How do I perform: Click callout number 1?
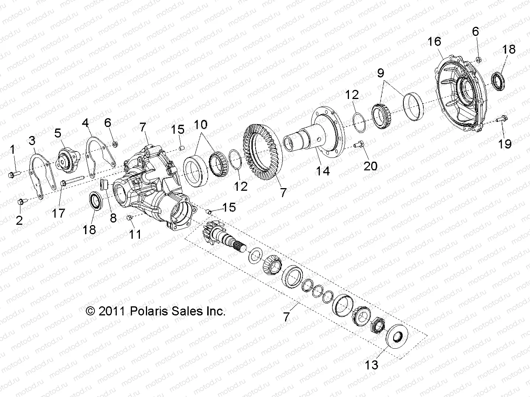point(12,150)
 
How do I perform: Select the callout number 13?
point(372,365)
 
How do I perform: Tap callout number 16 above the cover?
point(434,41)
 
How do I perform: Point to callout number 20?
point(370,165)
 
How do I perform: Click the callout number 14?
point(323,171)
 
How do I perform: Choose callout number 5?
point(57,133)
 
